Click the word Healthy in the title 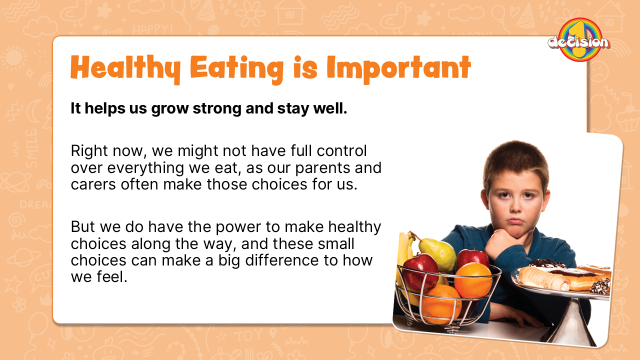pos(125,68)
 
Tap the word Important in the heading pos(399,68)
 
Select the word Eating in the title pos(236,69)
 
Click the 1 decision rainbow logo pos(579,39)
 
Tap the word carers pos(93,184)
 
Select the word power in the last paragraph pos(238,227)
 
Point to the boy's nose pos(515,205)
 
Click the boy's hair pos(514,163)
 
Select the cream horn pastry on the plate pos(543,279)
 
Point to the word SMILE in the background pos(31,148)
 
